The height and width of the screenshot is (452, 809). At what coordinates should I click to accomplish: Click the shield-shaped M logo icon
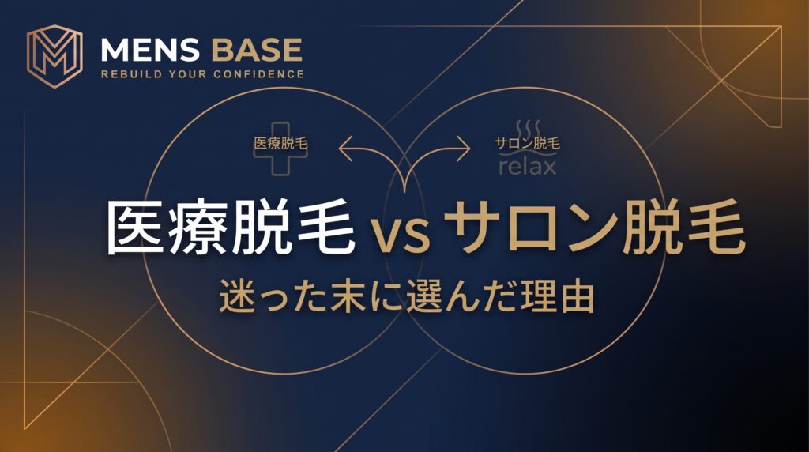55,56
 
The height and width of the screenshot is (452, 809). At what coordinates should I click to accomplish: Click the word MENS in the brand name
149,50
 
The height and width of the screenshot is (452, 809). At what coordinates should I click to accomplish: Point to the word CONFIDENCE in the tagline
258,74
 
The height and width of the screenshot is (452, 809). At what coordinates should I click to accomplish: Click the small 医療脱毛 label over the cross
280,143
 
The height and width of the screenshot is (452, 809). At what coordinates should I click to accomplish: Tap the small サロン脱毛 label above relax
527,143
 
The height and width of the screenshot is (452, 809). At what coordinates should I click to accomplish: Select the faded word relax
528,166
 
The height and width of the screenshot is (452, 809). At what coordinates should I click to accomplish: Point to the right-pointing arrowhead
464,149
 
